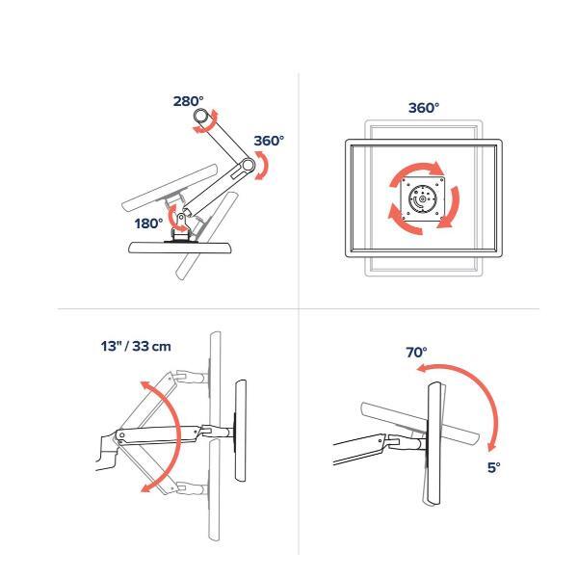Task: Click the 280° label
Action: click(x=189, y=101)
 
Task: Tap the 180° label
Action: click(x=148, y=223)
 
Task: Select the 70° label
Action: click(x=416, y=353)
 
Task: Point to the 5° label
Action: click(x=494, y=467)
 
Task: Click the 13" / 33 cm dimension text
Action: click(x=136, y=347)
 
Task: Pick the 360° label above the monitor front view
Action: click(x=424, y=108)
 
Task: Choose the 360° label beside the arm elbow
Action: click(x=269, y=141)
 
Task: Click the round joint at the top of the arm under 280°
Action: click(x=201, y=116)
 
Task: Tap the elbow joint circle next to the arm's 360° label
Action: click(x=249, y=165)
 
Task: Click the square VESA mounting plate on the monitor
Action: click(x=423, y=199)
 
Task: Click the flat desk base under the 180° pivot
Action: click(x=180, y=248)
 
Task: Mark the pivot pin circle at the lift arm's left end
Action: click(x=122, y=435)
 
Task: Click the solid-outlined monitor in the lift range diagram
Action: click(x=241, y=431)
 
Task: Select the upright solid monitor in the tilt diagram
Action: click(x=434, y=443)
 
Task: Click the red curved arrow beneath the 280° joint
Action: click(x=206, y=123)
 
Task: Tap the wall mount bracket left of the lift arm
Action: click(x=107, y=452)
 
